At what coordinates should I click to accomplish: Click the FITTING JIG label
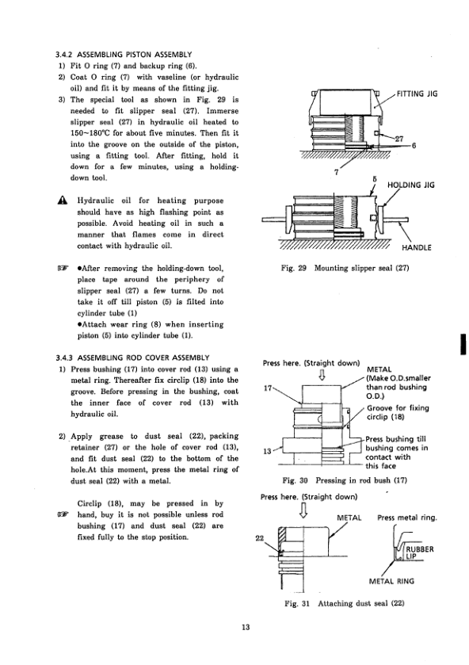(418, 94)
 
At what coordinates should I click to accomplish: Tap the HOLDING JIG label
(411, 185)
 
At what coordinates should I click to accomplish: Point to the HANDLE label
(417, 247)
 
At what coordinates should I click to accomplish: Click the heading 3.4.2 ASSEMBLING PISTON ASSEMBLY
(124, 54)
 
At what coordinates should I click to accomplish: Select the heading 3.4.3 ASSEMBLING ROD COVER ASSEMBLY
(133, 358)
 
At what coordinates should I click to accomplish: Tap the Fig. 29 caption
(345, 268)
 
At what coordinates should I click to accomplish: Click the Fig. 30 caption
(345, 480)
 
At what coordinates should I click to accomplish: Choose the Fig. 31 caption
(345, 603)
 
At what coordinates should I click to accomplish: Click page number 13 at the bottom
(246, 627)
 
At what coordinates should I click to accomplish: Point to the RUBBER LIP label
(420, 552)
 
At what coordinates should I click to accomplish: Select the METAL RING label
(391, 581)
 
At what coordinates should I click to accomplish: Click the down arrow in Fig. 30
(322, 375)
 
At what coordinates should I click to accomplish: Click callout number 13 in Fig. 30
(267, 451)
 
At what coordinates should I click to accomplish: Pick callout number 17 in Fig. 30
(268, 388)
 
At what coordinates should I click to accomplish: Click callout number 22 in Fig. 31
(260, 538)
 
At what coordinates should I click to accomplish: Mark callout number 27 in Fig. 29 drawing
(399, 139)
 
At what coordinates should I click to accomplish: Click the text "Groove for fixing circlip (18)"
(398, 412)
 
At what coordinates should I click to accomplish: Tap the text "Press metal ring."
(407, 518)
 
